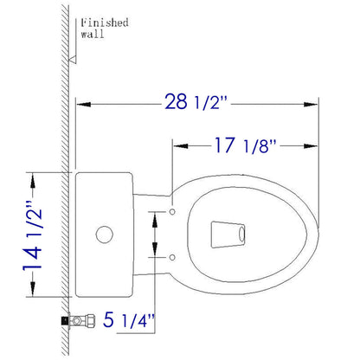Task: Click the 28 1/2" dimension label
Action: (196, 101)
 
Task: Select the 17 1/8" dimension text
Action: (245, 145)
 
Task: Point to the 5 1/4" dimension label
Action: (129, 319)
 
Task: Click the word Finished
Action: (105, 22)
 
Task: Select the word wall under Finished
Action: (92, 35)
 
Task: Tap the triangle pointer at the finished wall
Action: (72, 59)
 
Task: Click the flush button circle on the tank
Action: (104, 235)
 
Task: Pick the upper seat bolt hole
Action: (172, 212)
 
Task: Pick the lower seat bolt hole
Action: (172, 257)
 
